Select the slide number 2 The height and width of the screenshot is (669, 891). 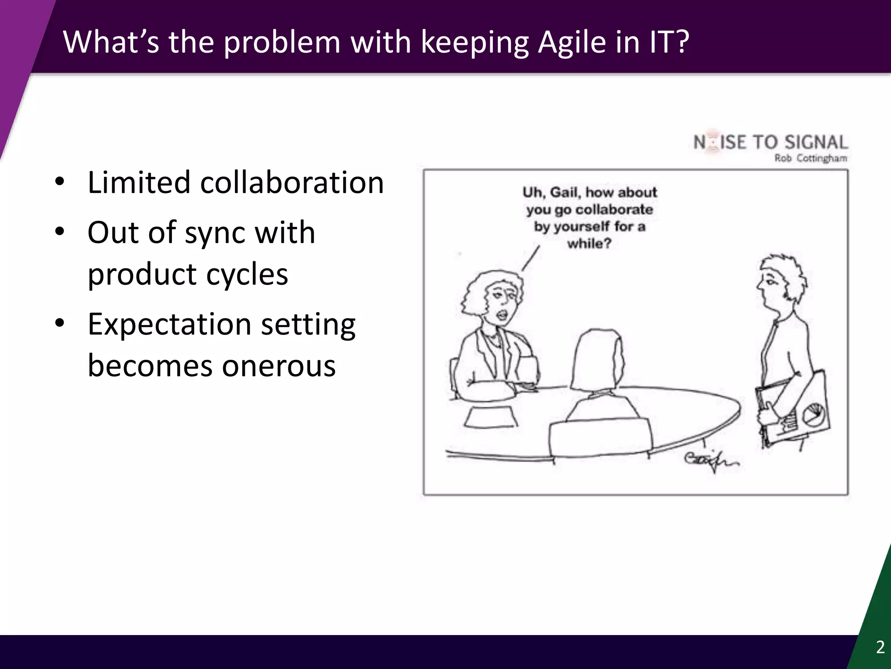coord(880,647)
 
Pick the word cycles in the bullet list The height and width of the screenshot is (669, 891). coord(247,274)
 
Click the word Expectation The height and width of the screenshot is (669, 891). coord(170,324)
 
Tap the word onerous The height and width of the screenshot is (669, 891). coord(279,366)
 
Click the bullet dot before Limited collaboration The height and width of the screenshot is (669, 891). coord(60,182)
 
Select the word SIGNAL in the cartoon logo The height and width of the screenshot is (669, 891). coord(816,142)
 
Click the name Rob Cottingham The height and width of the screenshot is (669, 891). coord(811,159)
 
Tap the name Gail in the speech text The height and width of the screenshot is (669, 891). coord(565,192)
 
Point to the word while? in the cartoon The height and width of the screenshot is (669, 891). coord(589,243)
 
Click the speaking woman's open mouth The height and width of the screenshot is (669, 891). coord(502,314)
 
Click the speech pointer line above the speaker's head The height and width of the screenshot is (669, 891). coord(531,258)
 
